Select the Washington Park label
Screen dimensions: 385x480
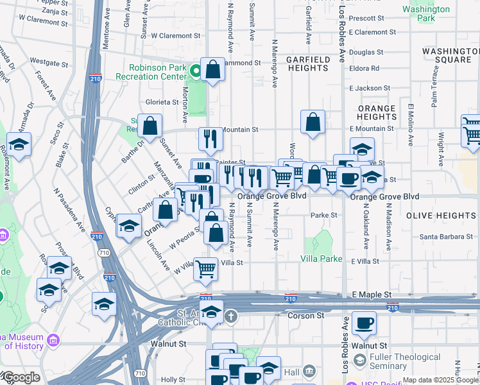pos(425,15)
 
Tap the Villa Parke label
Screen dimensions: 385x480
pos(322,258)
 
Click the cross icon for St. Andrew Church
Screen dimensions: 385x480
pos(230,316)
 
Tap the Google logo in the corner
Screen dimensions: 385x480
pos(21,377)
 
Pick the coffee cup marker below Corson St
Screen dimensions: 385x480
pos(364,324)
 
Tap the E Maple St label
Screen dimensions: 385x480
pos(372,294)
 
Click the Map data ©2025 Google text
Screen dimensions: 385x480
pos(440,380)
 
